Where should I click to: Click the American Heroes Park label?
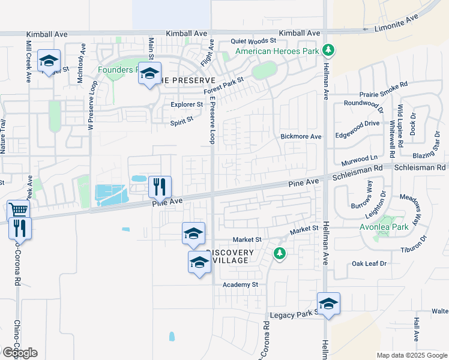(277, 52)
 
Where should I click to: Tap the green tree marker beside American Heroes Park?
(328, 50)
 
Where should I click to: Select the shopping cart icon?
(19, 211)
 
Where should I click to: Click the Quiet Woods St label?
(253, 41)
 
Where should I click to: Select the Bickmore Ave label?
(301, 137)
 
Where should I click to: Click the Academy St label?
(240, 284)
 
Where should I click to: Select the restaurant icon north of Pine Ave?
(160, 186)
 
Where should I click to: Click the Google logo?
(19, 352)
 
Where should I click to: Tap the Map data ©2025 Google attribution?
(412, 355)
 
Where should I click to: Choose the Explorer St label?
(187, 104)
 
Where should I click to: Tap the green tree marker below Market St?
(279, 254)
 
